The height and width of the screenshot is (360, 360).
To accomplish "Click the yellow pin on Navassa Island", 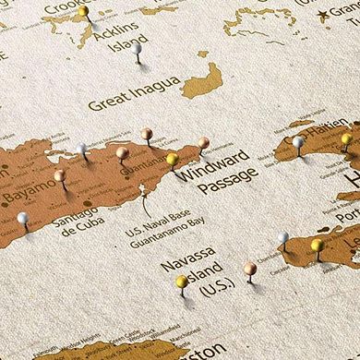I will [x=182, y=282].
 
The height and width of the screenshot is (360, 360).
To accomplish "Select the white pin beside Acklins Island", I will [x=136, y=47].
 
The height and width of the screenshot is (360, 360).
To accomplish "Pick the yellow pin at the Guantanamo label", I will [x=172, y=160].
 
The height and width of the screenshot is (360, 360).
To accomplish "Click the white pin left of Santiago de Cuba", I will [x=22, y=219].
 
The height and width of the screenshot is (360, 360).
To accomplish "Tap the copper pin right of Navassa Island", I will [x=250, y=268].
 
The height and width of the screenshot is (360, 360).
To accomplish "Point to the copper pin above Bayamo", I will [x=60, y=174].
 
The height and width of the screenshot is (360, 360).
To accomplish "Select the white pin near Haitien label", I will [x=298, y=142].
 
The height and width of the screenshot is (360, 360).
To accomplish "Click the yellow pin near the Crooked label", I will [x=83, y=12].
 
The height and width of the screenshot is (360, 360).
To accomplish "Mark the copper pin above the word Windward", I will [x=203, y=143].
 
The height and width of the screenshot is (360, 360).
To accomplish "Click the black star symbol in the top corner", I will [x=323, y=14].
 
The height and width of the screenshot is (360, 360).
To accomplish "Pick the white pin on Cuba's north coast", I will [x=82, y=148].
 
